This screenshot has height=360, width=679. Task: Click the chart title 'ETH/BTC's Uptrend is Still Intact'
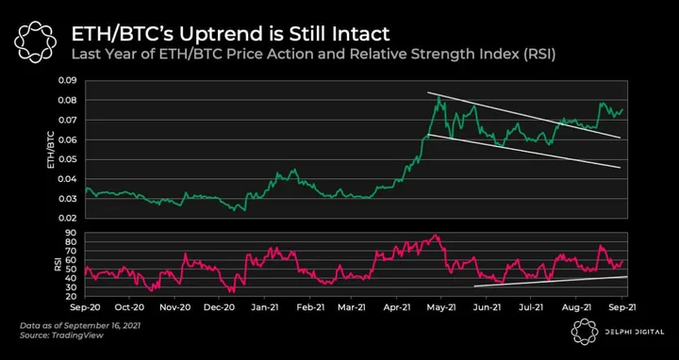[x=230, y=34]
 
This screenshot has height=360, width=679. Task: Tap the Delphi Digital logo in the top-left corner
[x=36, y=42]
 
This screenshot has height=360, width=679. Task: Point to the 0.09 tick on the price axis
[x=68, y=80]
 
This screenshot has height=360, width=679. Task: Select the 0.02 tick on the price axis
[x=68, y=219]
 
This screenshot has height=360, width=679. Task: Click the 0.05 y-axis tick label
[x=68, y=159]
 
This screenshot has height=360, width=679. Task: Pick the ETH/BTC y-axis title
[x=51, y=149]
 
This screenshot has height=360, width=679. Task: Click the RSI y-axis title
[x=58, y=265]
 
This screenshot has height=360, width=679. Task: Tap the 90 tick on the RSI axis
[x=72, y=233]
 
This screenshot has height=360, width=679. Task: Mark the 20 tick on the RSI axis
[x=72, y=297]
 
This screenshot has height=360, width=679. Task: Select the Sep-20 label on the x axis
[x=85, y=307]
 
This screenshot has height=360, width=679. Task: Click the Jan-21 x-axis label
[x=265, y=307]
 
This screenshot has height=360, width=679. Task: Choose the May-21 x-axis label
[x=440, y=307]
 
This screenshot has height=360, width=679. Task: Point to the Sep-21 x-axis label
[x=621, y=307]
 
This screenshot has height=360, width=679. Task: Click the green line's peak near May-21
[x=439, y=97]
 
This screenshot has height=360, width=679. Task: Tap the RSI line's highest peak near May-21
[x=436, y=235]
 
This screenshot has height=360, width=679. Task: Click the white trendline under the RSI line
[x=551, y=281]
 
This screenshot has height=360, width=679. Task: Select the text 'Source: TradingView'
[x=62, y=335]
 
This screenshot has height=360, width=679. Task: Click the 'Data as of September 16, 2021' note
[x=80, y=325]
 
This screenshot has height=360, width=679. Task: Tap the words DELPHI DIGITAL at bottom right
[x=634, y=332]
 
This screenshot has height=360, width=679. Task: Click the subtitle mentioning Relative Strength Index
[x=313, y=56]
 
